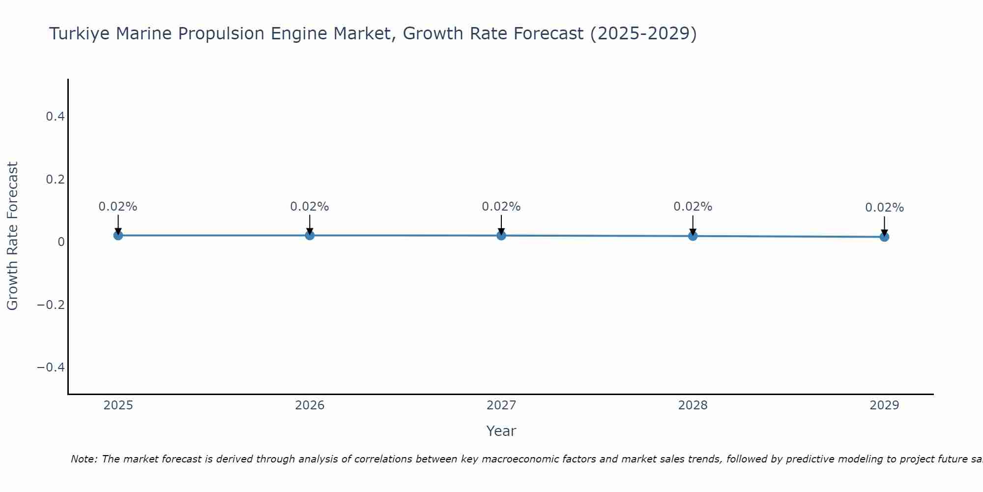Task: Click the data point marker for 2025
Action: click(x=118, y=235)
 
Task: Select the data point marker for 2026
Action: click(x=310, y=235)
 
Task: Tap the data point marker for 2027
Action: click(x=501, y=235)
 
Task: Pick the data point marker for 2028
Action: click(x=693, y=236)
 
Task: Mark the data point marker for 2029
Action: click(x=884, y=237)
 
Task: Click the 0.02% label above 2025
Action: click(x=118, y=207)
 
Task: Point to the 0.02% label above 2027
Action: click(x=501, y=207)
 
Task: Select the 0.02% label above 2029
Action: click(x=884, y=208)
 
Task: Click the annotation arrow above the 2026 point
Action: click(x=310, y=224)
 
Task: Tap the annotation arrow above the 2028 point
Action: click(x=693, y=224)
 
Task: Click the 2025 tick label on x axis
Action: click(x=118, y=405)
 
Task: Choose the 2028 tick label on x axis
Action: click(x=693, y=405)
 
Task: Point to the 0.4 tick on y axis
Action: click(x=55, y=117)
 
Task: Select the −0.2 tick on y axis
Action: click(x=51, y=305)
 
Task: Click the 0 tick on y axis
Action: click(x=61, y=242)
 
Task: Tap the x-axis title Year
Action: click(x=501, y=431)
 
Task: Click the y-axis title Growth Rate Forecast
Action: click(x=12, y=236)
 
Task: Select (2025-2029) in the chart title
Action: click(x=643, y=33)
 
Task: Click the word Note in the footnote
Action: click(x=84, y=459)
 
